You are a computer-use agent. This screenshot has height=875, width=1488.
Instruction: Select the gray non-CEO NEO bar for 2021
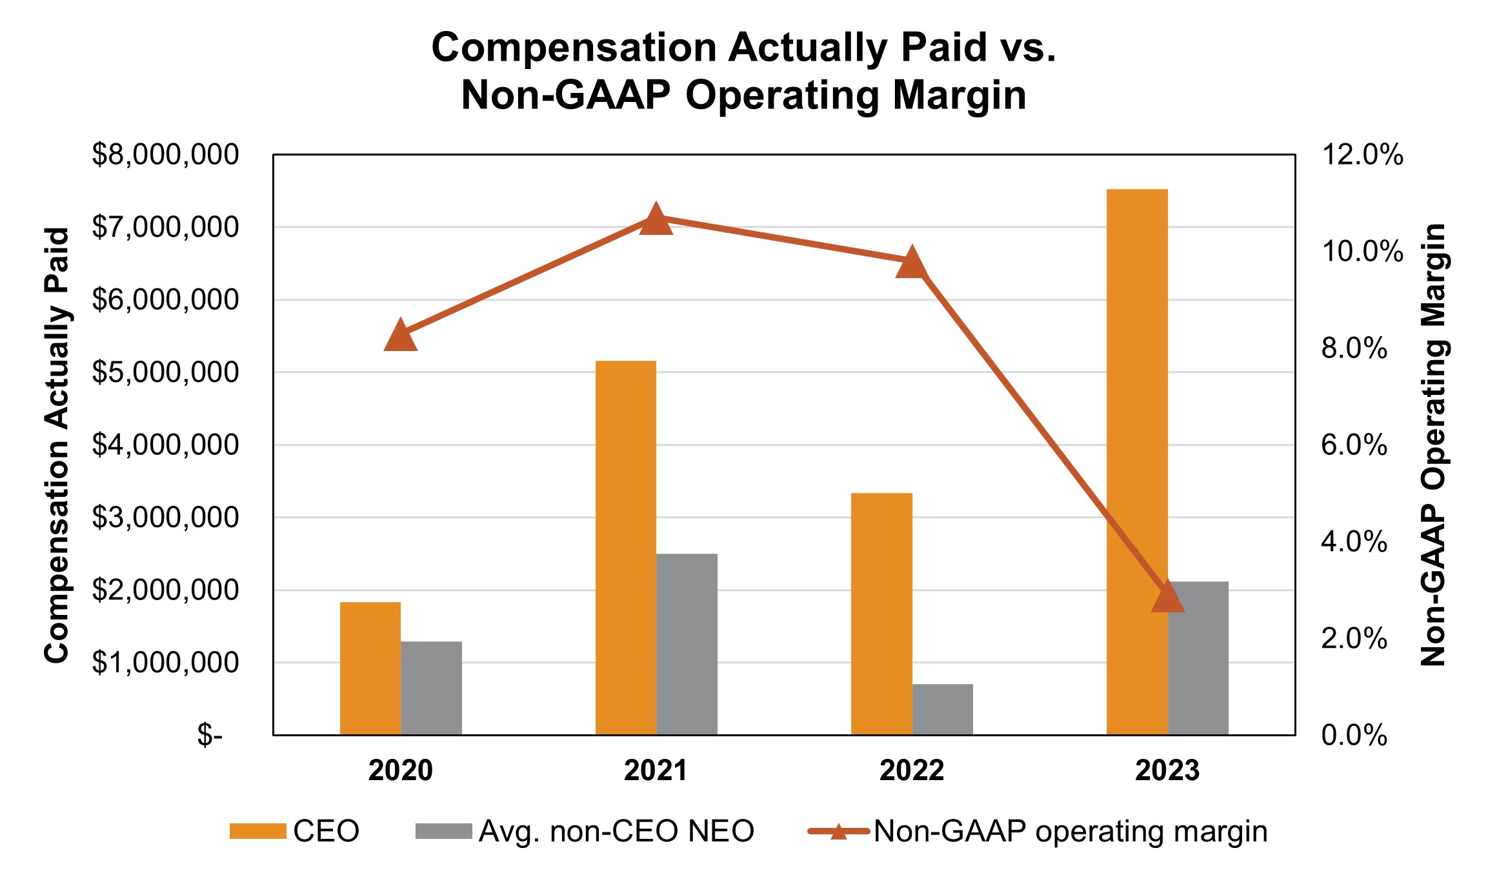click(687, 644)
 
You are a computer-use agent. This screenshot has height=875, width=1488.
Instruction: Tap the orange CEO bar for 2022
click(881, 614)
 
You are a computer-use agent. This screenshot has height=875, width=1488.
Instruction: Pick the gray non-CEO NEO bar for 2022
click(942, 709)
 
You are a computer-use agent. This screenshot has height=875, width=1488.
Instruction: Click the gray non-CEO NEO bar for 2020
click(431, 688)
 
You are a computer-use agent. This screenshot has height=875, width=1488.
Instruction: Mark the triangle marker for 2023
click(1167, 598)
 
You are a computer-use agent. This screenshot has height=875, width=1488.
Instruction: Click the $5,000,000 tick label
click(165, 372)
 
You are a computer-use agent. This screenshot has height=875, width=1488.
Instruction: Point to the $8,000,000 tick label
click(165, 155)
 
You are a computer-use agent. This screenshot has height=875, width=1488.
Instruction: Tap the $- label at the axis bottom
click(210, 735)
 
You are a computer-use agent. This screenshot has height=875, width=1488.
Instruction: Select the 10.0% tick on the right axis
click(1362, 251)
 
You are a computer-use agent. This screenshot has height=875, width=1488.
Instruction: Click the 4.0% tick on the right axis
click(1354, 541)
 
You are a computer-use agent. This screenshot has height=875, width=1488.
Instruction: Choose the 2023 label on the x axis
click(1167, 770)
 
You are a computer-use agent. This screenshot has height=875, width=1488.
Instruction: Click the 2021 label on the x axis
click(656, 770)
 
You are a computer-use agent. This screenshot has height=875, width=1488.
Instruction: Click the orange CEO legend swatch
click(257, 831)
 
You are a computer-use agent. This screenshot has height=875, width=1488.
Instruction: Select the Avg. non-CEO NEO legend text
click(616, 831)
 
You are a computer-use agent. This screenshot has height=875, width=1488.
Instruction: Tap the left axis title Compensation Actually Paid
click(57, 445)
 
